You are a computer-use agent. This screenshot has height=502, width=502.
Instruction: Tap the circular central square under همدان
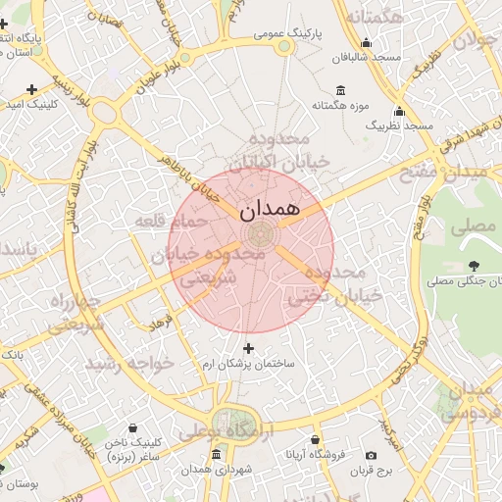[x=261, y=233]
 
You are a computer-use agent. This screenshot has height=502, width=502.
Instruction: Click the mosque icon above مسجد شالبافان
[x=366, y=42]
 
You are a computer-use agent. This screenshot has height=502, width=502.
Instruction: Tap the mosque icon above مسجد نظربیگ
[x=399, y=111]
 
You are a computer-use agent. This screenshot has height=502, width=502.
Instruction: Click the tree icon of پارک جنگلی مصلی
[x=474, y=266]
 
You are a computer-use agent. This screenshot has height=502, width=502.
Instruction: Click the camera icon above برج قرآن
[x=371, y=455]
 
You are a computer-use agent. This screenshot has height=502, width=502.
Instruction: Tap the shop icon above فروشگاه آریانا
[x=315, y=440]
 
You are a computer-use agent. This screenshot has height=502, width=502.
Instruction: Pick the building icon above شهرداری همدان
[x=216, y=455]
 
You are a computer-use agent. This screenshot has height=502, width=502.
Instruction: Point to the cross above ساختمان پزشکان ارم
[x=248, y=348]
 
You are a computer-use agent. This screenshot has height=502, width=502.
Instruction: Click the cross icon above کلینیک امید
[x=32, y=89]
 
